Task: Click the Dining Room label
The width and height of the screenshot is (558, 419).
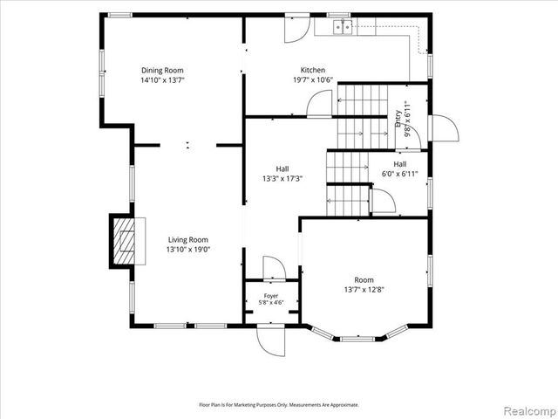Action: point(163,70)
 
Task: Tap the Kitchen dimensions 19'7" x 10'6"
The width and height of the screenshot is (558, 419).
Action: point(313,79)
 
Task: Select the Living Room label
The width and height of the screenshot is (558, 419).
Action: point(188,240)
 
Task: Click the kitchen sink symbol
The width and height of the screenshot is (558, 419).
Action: point(343,27)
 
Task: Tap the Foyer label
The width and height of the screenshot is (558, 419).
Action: point(271,296)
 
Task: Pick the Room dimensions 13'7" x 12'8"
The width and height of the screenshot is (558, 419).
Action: point(364,290)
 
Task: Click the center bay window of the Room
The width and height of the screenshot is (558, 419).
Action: point(357,339)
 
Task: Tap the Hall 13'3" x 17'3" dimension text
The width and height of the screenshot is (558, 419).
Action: point(282,178)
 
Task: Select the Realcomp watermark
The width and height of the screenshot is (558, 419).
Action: point(529,410)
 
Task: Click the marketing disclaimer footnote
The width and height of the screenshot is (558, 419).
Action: point(279,405)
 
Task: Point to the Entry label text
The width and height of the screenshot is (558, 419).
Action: point(398,119)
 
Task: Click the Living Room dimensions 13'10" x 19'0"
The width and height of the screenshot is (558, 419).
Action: point(188,250)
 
